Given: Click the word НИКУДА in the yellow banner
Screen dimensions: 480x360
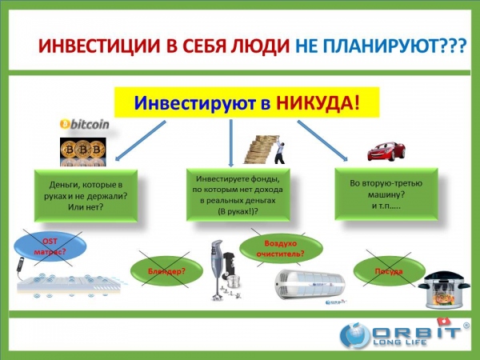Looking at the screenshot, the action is click(x=318, y=102).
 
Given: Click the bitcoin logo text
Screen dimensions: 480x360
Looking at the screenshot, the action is click(x=85, y=124).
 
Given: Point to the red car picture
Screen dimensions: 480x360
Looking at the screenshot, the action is click(x=386, y=151).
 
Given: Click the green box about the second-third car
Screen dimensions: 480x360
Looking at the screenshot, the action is click(x=386, y=194).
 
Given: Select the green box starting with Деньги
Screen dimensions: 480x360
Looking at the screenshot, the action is click(x=86, y=196).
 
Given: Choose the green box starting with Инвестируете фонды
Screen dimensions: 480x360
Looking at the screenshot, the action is click(x=238, y=194).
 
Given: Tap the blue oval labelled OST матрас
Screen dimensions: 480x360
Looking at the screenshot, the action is click(x=50, y=246).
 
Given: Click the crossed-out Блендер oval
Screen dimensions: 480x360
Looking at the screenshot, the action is click(x=166, y=271).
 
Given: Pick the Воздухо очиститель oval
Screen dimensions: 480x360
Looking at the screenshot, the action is click(x=281, y=249).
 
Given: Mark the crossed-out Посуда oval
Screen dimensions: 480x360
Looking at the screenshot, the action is click(x=389, y=271).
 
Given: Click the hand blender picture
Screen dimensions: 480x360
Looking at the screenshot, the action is click(x=224, y=270).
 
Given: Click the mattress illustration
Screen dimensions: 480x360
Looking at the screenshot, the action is click(x=71, y=283).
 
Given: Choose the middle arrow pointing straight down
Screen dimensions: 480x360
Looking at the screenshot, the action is click(x=231, y=142).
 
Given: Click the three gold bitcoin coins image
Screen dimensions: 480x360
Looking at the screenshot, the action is click(x=83, y=152).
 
